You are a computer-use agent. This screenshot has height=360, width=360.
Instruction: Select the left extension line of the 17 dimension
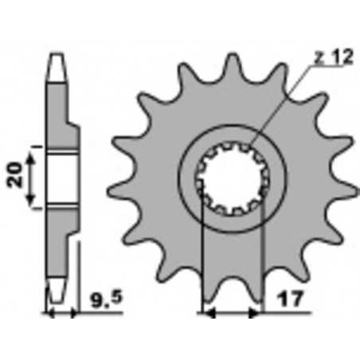(x=205, y=263)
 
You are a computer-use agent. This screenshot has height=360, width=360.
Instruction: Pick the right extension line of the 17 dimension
(x=262, y=263)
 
